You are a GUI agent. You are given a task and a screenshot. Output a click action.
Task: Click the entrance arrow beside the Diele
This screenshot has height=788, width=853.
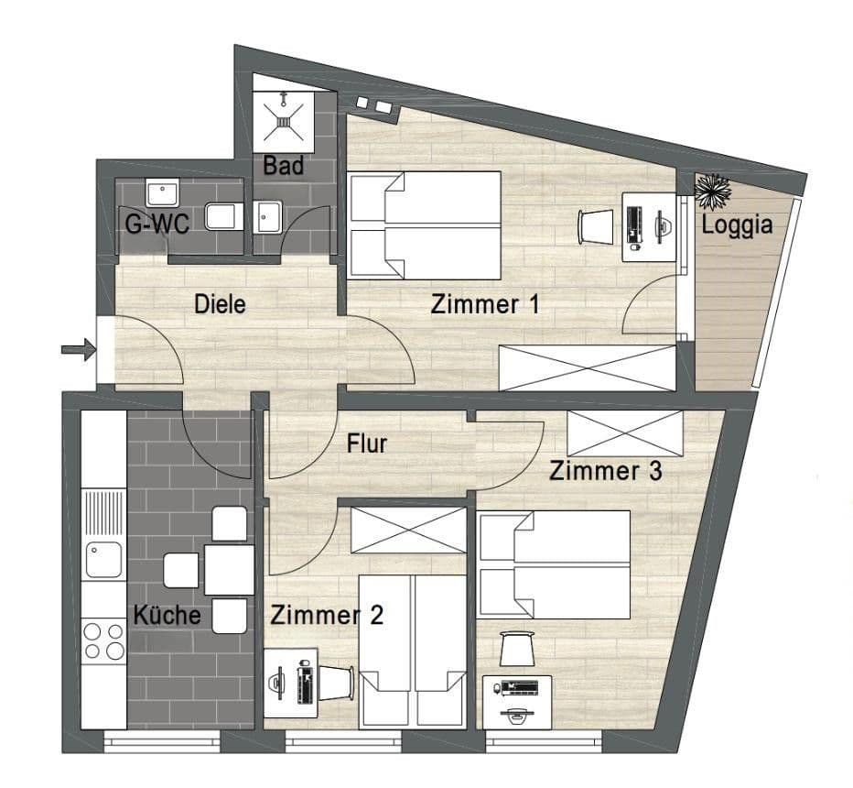point(78,348)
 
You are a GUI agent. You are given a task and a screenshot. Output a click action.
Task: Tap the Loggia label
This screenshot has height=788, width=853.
point(737,224)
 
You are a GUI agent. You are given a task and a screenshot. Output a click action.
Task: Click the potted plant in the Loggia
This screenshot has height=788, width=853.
point(710,190)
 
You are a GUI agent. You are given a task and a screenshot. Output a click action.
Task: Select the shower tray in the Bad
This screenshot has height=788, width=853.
point(285,121)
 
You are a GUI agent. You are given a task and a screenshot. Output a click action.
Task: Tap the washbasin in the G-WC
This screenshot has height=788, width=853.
point(163,193)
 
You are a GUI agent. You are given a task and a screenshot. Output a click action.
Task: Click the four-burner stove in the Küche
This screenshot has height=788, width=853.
point(103,640)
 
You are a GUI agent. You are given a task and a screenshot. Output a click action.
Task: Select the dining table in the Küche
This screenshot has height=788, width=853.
point(228,569)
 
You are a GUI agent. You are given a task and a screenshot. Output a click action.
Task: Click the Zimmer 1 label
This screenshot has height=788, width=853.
point(484,305)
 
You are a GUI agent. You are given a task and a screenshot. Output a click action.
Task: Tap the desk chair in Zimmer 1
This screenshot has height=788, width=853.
point(596,224)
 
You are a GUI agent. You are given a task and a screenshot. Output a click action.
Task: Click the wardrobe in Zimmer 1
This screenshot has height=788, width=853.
point(586,368)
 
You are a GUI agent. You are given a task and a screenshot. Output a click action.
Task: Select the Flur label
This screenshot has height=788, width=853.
point(367,444)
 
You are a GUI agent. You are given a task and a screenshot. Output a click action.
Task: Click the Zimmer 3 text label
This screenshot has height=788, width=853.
point(605,472)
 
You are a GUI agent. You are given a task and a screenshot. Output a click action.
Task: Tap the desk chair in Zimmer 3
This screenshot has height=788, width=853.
point(517,649)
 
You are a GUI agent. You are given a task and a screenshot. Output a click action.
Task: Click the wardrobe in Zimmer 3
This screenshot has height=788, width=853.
point(625,432)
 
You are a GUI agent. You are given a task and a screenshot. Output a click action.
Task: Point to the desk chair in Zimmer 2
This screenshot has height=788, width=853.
point(339,682)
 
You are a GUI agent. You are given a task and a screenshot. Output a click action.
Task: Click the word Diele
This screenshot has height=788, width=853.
point(220,304)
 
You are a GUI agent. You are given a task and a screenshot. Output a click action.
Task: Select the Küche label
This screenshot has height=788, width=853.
point(167,614)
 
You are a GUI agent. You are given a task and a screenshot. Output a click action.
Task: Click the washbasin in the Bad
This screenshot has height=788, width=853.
point(269,218)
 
